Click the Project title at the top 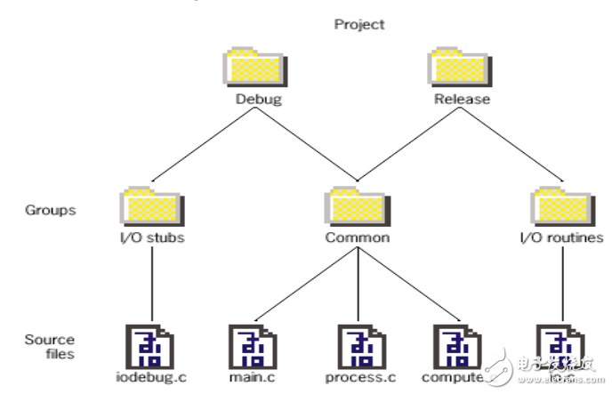[359, 24]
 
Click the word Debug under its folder [258, 99]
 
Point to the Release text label [461, 99]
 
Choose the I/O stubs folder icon [147, 206]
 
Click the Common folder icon [357, 206]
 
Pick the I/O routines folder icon [561, 206]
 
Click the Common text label [357, 237]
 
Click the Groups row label [51, 211]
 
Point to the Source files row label [50, 347]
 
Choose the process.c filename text [358, 378]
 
